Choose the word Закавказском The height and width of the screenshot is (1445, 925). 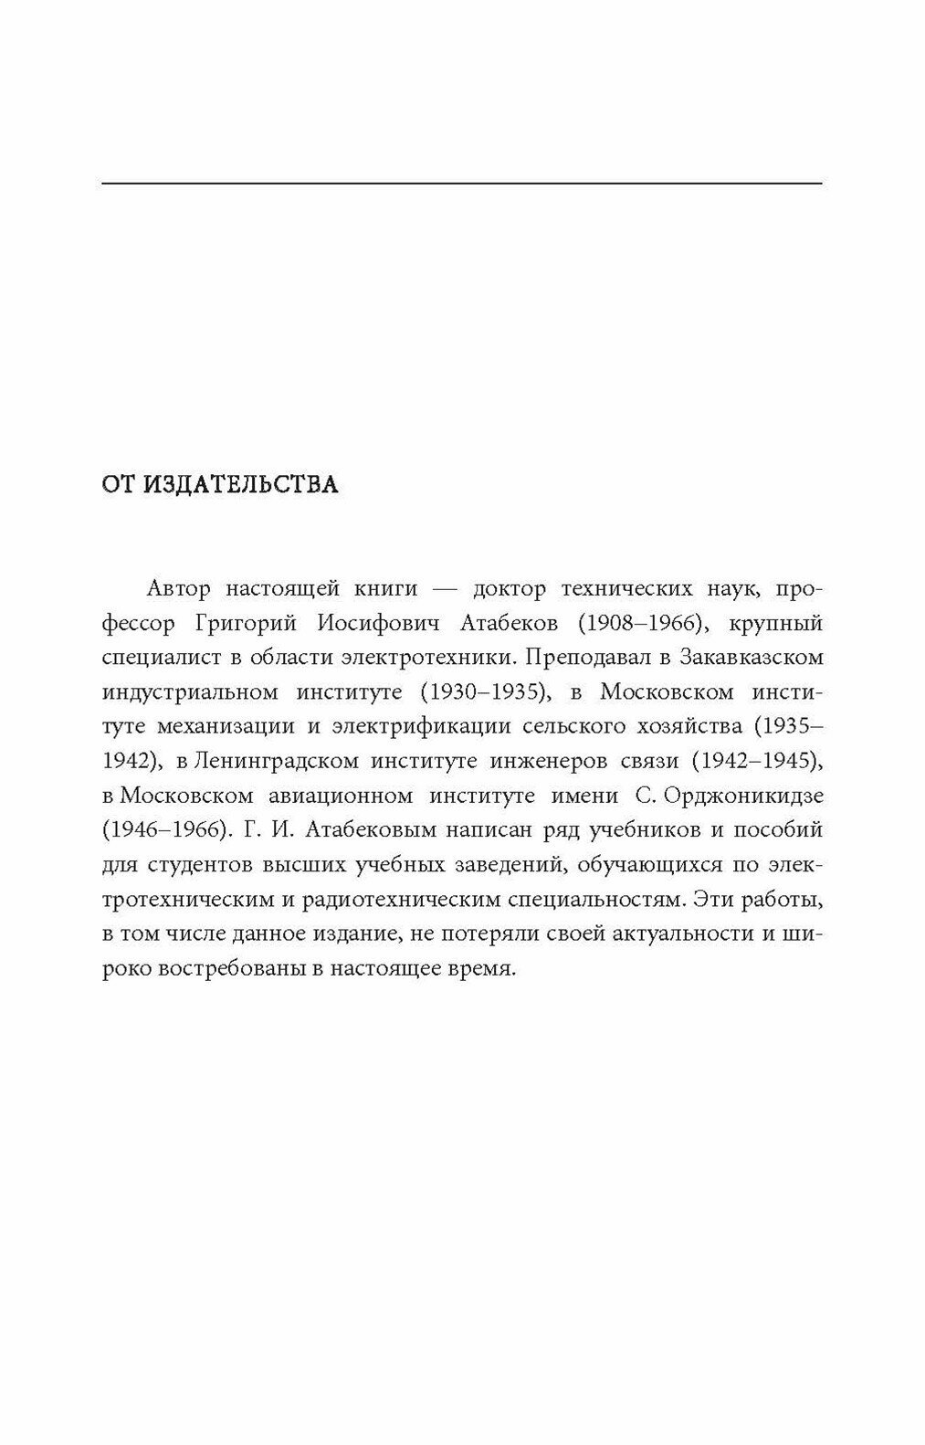tap(747, 658)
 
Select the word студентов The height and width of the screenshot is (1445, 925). tap(194, 865)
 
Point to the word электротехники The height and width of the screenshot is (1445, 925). tap(429, 658)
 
